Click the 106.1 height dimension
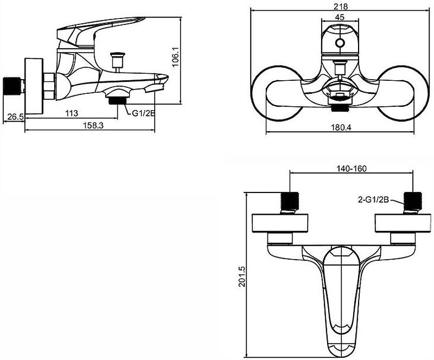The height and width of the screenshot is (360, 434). click(176, 57)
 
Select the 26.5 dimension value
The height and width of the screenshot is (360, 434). click(15, 117)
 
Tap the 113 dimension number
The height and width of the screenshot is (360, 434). click(72, 113)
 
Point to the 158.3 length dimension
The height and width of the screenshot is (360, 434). click(93, 126)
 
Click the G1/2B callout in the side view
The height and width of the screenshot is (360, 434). click(143, 113)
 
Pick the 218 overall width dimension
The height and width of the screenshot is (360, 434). click(341, 6)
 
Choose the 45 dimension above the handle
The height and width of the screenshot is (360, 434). click(340, 17)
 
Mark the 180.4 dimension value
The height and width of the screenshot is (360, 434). click(341, 127)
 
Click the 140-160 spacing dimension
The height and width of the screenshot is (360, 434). click(351, 169)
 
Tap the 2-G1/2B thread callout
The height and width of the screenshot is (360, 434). click(373, 200)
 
